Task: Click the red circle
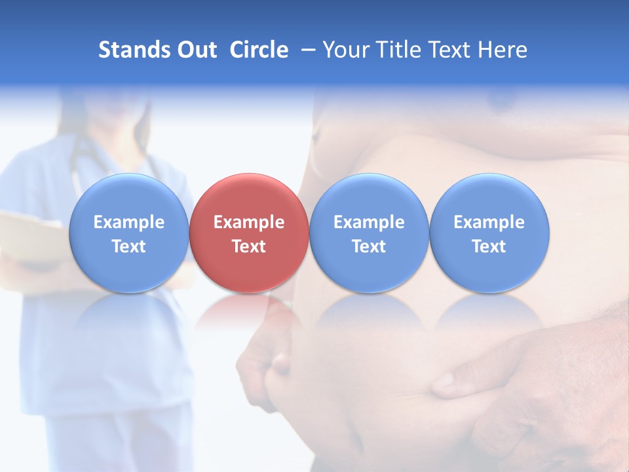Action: [249, 233]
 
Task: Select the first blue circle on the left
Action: [129, 233]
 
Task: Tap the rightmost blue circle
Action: [489, 233]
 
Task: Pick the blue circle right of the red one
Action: [369, 233]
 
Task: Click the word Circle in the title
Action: [259, 50]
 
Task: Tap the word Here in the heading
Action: [503, 50]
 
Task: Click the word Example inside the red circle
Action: [249, 222]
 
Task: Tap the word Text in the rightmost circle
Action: [489, 246]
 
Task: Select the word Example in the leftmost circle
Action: [129, 222]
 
